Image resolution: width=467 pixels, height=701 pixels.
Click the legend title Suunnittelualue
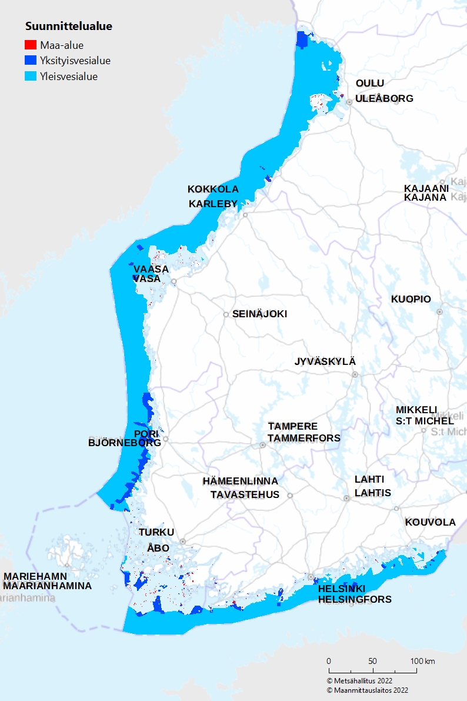(69, 26)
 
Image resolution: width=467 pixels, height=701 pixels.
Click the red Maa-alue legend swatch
(31, 45)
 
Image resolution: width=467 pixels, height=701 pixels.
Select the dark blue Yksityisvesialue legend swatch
(31, 61)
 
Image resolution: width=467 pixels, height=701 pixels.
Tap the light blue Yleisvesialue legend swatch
(31, 77)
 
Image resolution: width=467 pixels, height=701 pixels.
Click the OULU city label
(370, 84)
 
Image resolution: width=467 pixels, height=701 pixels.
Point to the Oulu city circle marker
(349, 102)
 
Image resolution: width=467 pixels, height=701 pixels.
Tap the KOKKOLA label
(213, 189)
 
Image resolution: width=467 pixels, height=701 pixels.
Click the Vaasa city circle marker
(174, 281)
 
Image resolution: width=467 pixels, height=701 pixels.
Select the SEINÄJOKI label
(259, 314)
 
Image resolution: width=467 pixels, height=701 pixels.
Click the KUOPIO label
(411, 299)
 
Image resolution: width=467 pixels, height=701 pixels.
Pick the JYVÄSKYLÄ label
(325, 361)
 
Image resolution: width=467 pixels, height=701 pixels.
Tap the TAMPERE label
(293, 426)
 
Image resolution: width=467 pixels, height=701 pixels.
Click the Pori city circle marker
(166, 438)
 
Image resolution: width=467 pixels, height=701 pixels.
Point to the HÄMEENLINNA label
(240, 481)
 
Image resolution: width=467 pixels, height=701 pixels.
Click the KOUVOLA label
(431, 522)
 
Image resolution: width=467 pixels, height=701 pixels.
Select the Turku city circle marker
(183, 541)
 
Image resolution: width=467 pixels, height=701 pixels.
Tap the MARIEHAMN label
(35, 576)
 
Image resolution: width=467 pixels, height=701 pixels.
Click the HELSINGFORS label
(355, 599)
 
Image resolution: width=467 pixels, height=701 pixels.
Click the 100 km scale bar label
(422, 661)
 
